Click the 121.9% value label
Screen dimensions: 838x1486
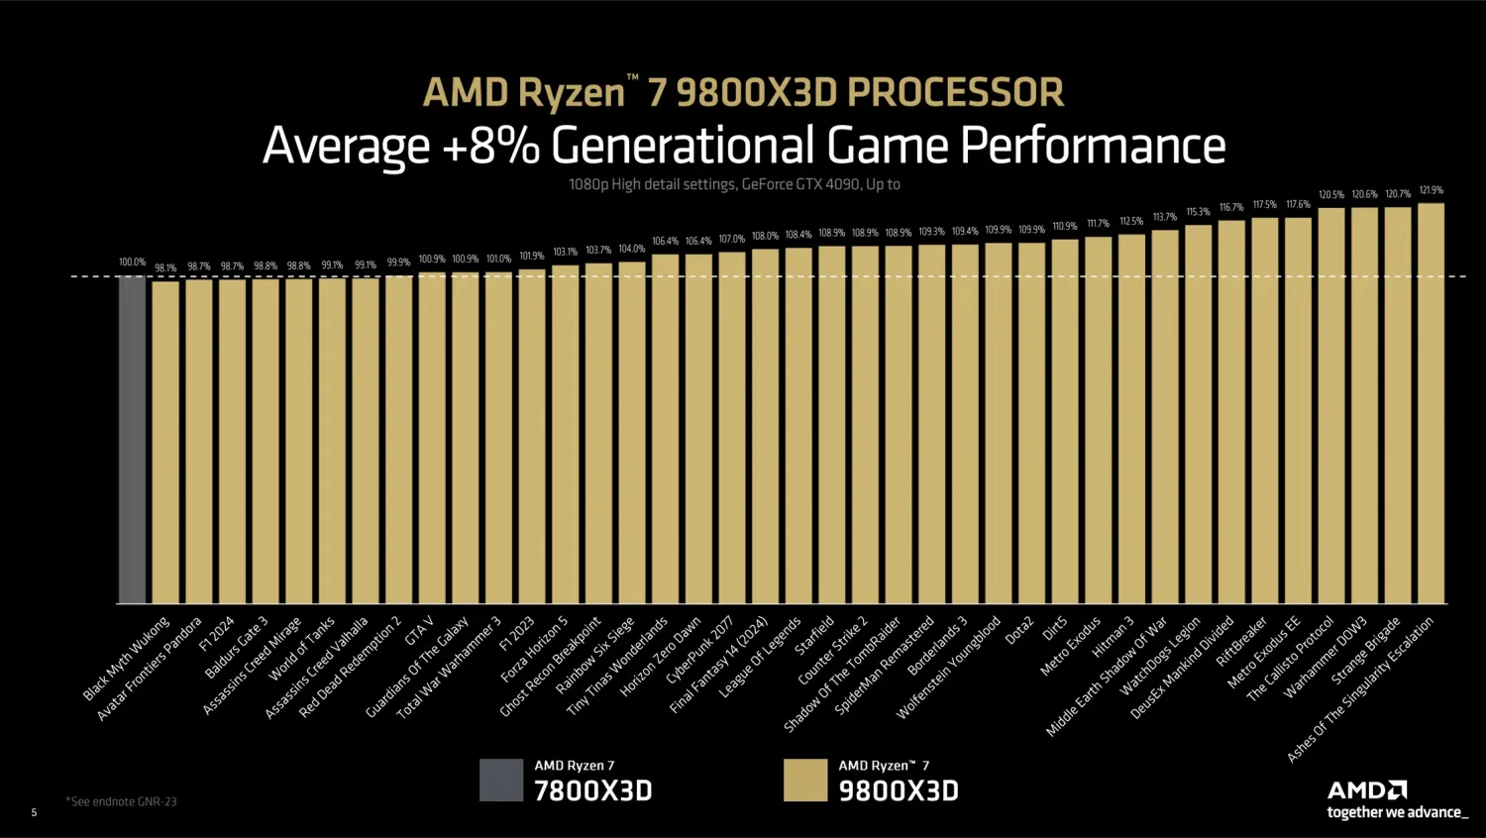coord(1431,190)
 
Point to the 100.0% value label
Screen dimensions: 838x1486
coord(132,262)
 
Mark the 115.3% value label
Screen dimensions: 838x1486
coord(1198,212)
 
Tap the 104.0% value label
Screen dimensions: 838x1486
coord(631,249)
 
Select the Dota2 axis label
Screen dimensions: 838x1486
coord(1019,631)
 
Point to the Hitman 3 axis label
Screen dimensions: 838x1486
coord(1113,637)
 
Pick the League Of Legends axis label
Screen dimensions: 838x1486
coord(760,657)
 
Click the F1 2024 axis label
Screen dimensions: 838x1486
coord(217,634)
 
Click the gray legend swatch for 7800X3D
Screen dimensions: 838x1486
coord(501,780)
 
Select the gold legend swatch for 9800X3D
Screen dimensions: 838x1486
coord(804,780)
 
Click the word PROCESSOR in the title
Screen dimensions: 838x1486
coord(955,92)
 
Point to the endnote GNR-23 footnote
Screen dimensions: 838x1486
coord(122,801)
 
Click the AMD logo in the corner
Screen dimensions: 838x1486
coord(1367,789)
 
